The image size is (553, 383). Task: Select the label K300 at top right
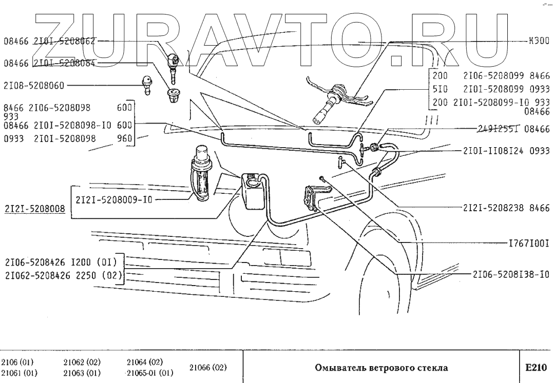coord(539,41)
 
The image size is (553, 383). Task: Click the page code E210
coord(535,367)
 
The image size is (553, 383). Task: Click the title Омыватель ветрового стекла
coord(380,368)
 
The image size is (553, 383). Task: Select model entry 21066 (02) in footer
coord(208,367)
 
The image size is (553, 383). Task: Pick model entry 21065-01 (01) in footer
coord(150,373)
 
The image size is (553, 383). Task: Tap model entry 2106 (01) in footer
coord(17,361)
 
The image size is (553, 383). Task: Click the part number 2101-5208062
coord(65,41)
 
